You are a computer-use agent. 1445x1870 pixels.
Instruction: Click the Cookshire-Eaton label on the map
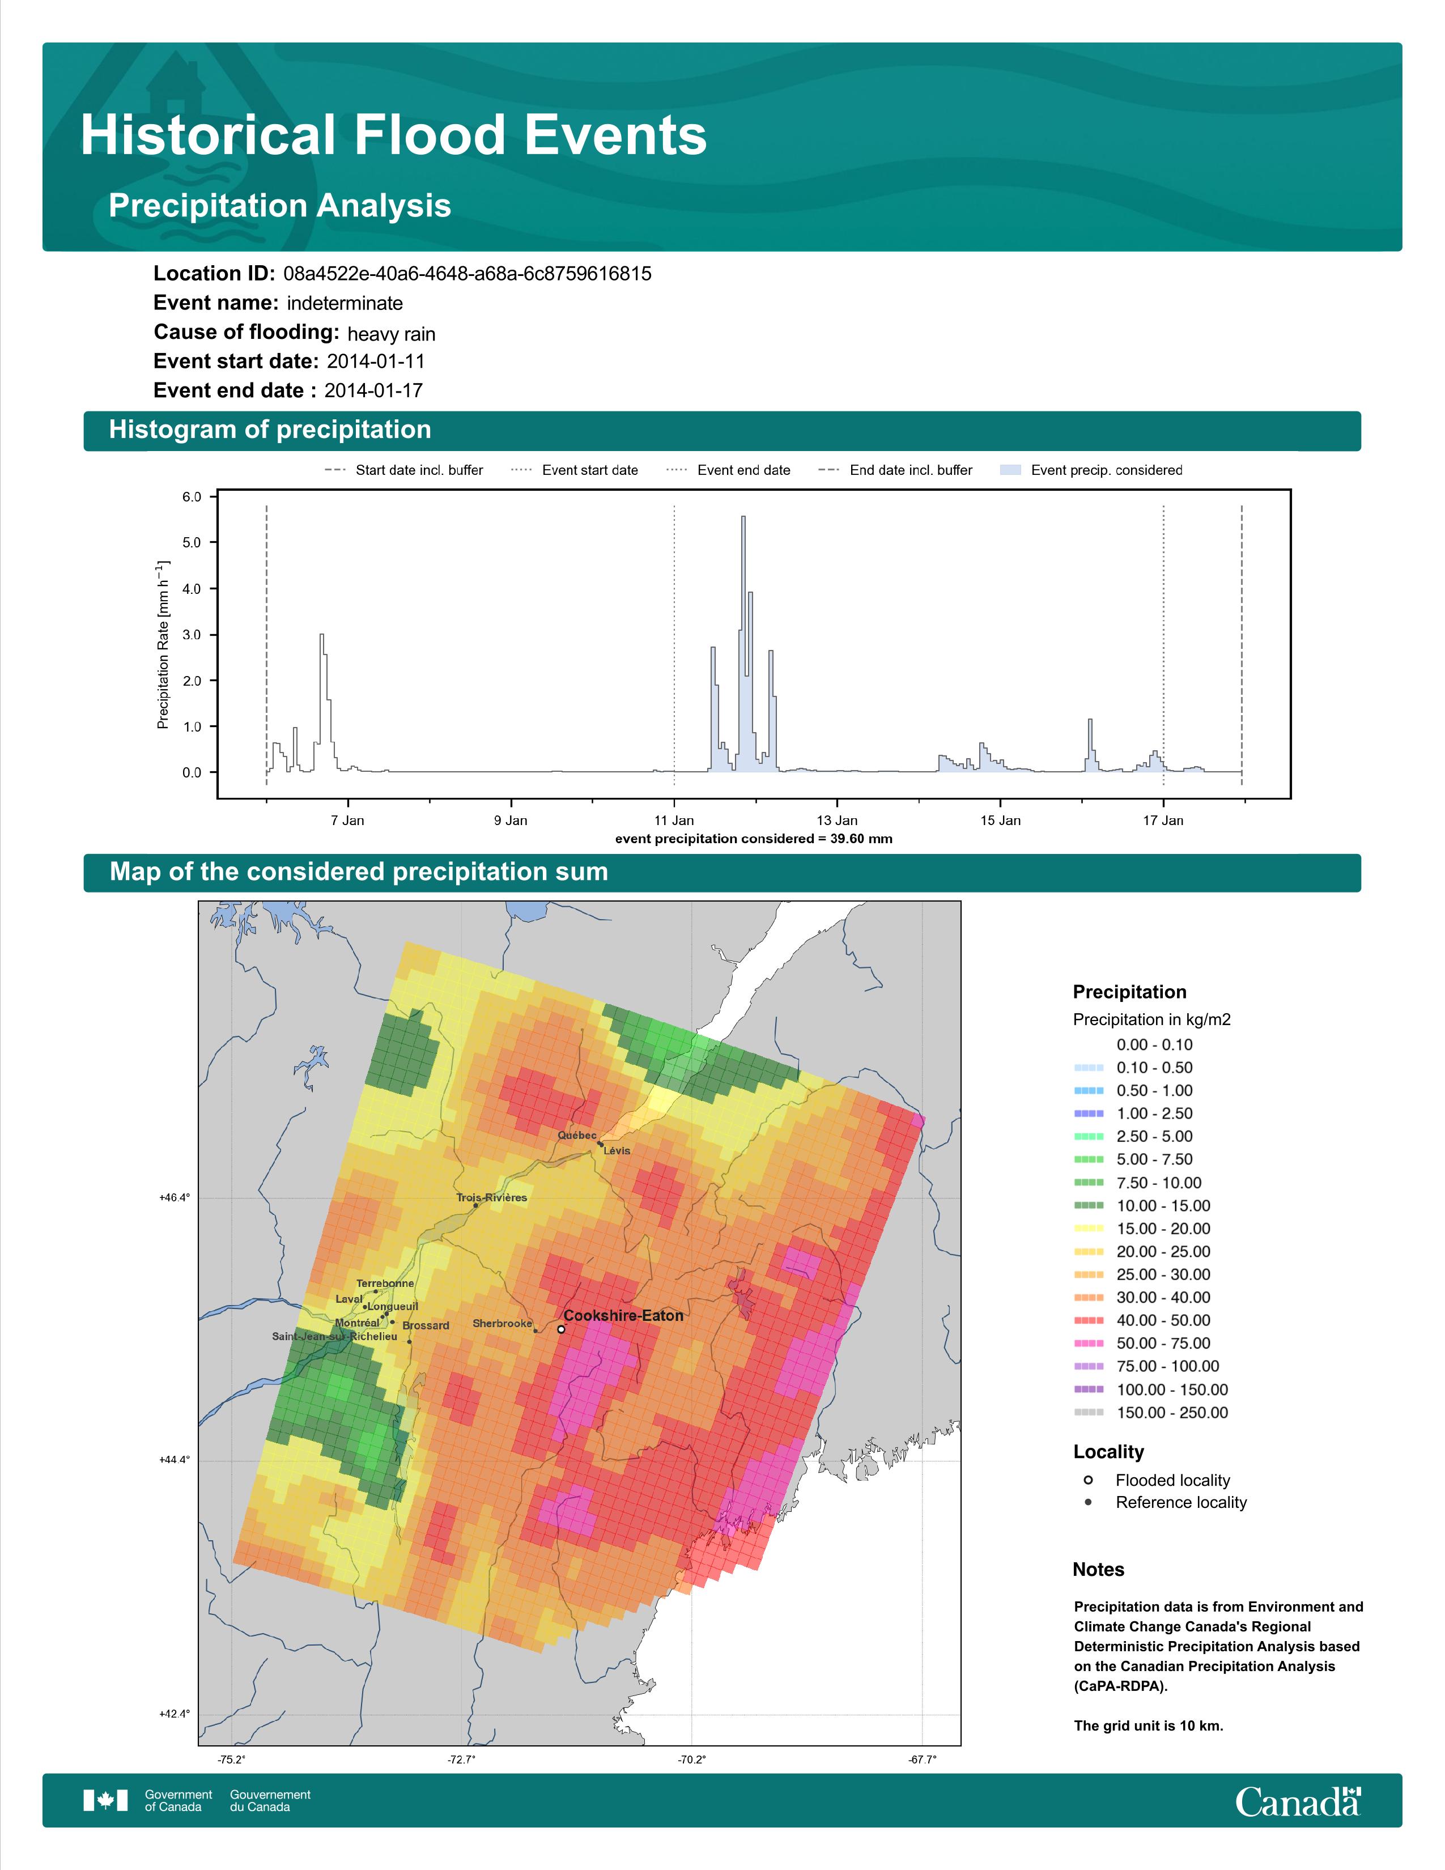[x=623, y=1315]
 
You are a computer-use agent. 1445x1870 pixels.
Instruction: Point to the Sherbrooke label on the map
[x=503, y=1324]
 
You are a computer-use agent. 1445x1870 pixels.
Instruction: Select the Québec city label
[x=577, y=1136]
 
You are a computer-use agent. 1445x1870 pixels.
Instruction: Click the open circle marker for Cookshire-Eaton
[x=560, y=1330]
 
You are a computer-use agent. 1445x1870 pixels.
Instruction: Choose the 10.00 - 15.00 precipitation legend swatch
[x=1088, y=1205]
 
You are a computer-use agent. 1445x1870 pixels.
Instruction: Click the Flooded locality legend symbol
[x=1088, y=1480]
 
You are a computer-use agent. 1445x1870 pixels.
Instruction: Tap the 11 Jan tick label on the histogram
[x=674, y=821]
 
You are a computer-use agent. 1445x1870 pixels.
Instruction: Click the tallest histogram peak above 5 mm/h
[x=743, y=517]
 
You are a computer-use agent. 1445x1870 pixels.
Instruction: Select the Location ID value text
[x=467, y=274]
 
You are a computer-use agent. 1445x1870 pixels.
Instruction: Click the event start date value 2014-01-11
[x=376, y=362]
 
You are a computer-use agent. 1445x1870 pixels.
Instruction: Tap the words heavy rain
[x=391, y=334]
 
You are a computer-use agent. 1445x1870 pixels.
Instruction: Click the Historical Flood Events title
[x=394, y=135]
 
